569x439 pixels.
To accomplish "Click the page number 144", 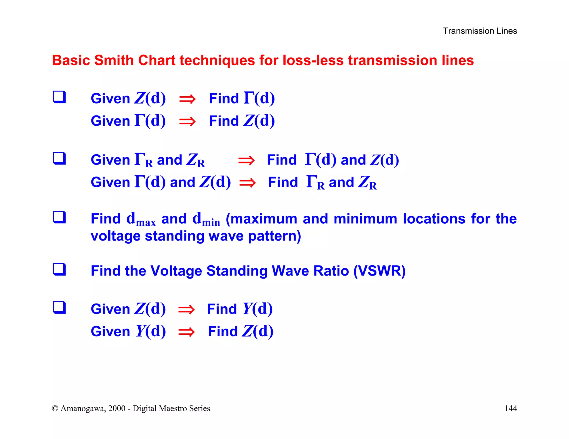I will [510, 408].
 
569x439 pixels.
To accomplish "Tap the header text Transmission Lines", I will [480, 31].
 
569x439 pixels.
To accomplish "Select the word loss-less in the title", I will [313, 60].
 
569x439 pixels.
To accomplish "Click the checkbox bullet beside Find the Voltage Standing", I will [59, 269].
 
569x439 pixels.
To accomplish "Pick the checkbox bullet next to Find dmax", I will [59, 217].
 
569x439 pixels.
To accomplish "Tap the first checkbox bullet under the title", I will [59, 97].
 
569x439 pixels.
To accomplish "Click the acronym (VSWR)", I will [379, 271].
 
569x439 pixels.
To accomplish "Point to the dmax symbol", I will [141, 219].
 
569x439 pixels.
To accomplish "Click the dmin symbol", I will [206, 219].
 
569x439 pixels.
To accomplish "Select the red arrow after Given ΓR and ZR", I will [246, 160].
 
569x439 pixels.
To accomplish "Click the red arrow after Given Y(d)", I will [186, 332].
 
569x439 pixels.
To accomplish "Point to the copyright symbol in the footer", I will [55, 408].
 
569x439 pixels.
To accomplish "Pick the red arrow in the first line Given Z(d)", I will [187, 99].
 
